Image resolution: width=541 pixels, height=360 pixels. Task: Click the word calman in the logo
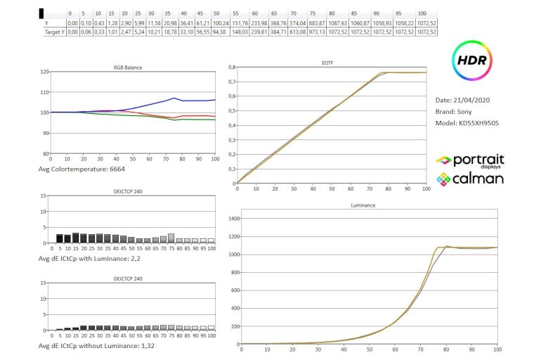pyautogui.click(x=477, y=179)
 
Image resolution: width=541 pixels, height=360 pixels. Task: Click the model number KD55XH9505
pyautogui.click(x=481, y=124)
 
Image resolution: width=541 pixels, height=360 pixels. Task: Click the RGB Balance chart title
pyautogui.click(x=127, y=67)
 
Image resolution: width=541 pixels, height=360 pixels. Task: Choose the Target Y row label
pyautogui.click(x=53, y=32)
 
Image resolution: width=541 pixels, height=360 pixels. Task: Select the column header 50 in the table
pyautogui.click(x=216, y=13)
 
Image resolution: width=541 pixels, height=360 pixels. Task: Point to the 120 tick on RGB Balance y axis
pyautogui.click(x=45, y=72)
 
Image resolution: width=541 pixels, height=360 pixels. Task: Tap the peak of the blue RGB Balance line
pyautogui.click(x=174, y=98)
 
